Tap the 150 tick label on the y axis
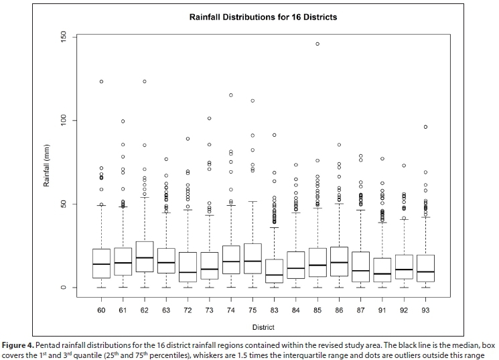point(63,37)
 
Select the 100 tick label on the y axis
point(63,121)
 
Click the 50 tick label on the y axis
point(63,204)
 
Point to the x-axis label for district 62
point(144,310)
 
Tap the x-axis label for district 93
point(425,310)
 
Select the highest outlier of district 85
point(317,44)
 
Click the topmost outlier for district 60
point(101,82)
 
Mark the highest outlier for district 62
point(144,82)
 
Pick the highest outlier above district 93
point(425,127)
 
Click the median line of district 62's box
point(144,258)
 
